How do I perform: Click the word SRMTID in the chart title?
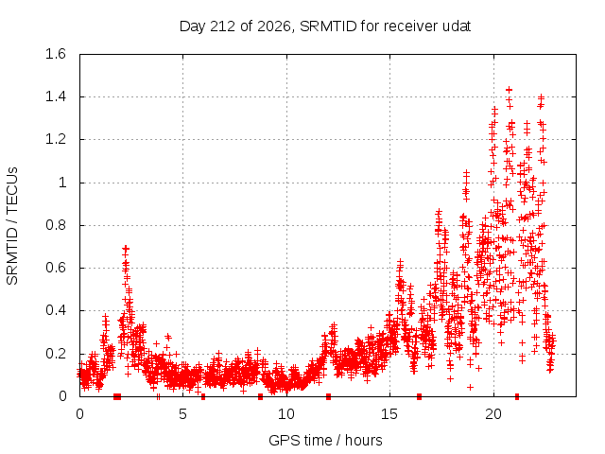pos(328,26)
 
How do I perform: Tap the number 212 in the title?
pos(223,26)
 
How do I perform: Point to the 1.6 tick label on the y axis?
pos(56,54)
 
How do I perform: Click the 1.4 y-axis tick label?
pos(56,96)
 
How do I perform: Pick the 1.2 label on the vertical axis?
pos(56,139)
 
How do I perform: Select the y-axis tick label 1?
pos(62,183)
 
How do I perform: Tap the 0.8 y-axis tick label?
pos(56,225)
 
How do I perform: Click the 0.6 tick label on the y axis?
pos(56,268)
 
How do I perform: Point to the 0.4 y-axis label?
pos(56,310)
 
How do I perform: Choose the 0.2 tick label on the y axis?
pos(56,353)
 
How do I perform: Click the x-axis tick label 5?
pos(182,414)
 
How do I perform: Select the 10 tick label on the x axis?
pos(286,414)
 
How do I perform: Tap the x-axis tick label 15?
pos(389,414)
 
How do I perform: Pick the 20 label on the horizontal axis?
pos(493,414)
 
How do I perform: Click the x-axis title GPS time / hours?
pos(325,440)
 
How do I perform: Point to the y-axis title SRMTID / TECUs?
pos(12,226)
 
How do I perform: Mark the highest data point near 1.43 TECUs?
pos(509,90)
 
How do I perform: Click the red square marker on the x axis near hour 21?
pos(517,396)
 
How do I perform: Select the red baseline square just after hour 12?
pos(328,396)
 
